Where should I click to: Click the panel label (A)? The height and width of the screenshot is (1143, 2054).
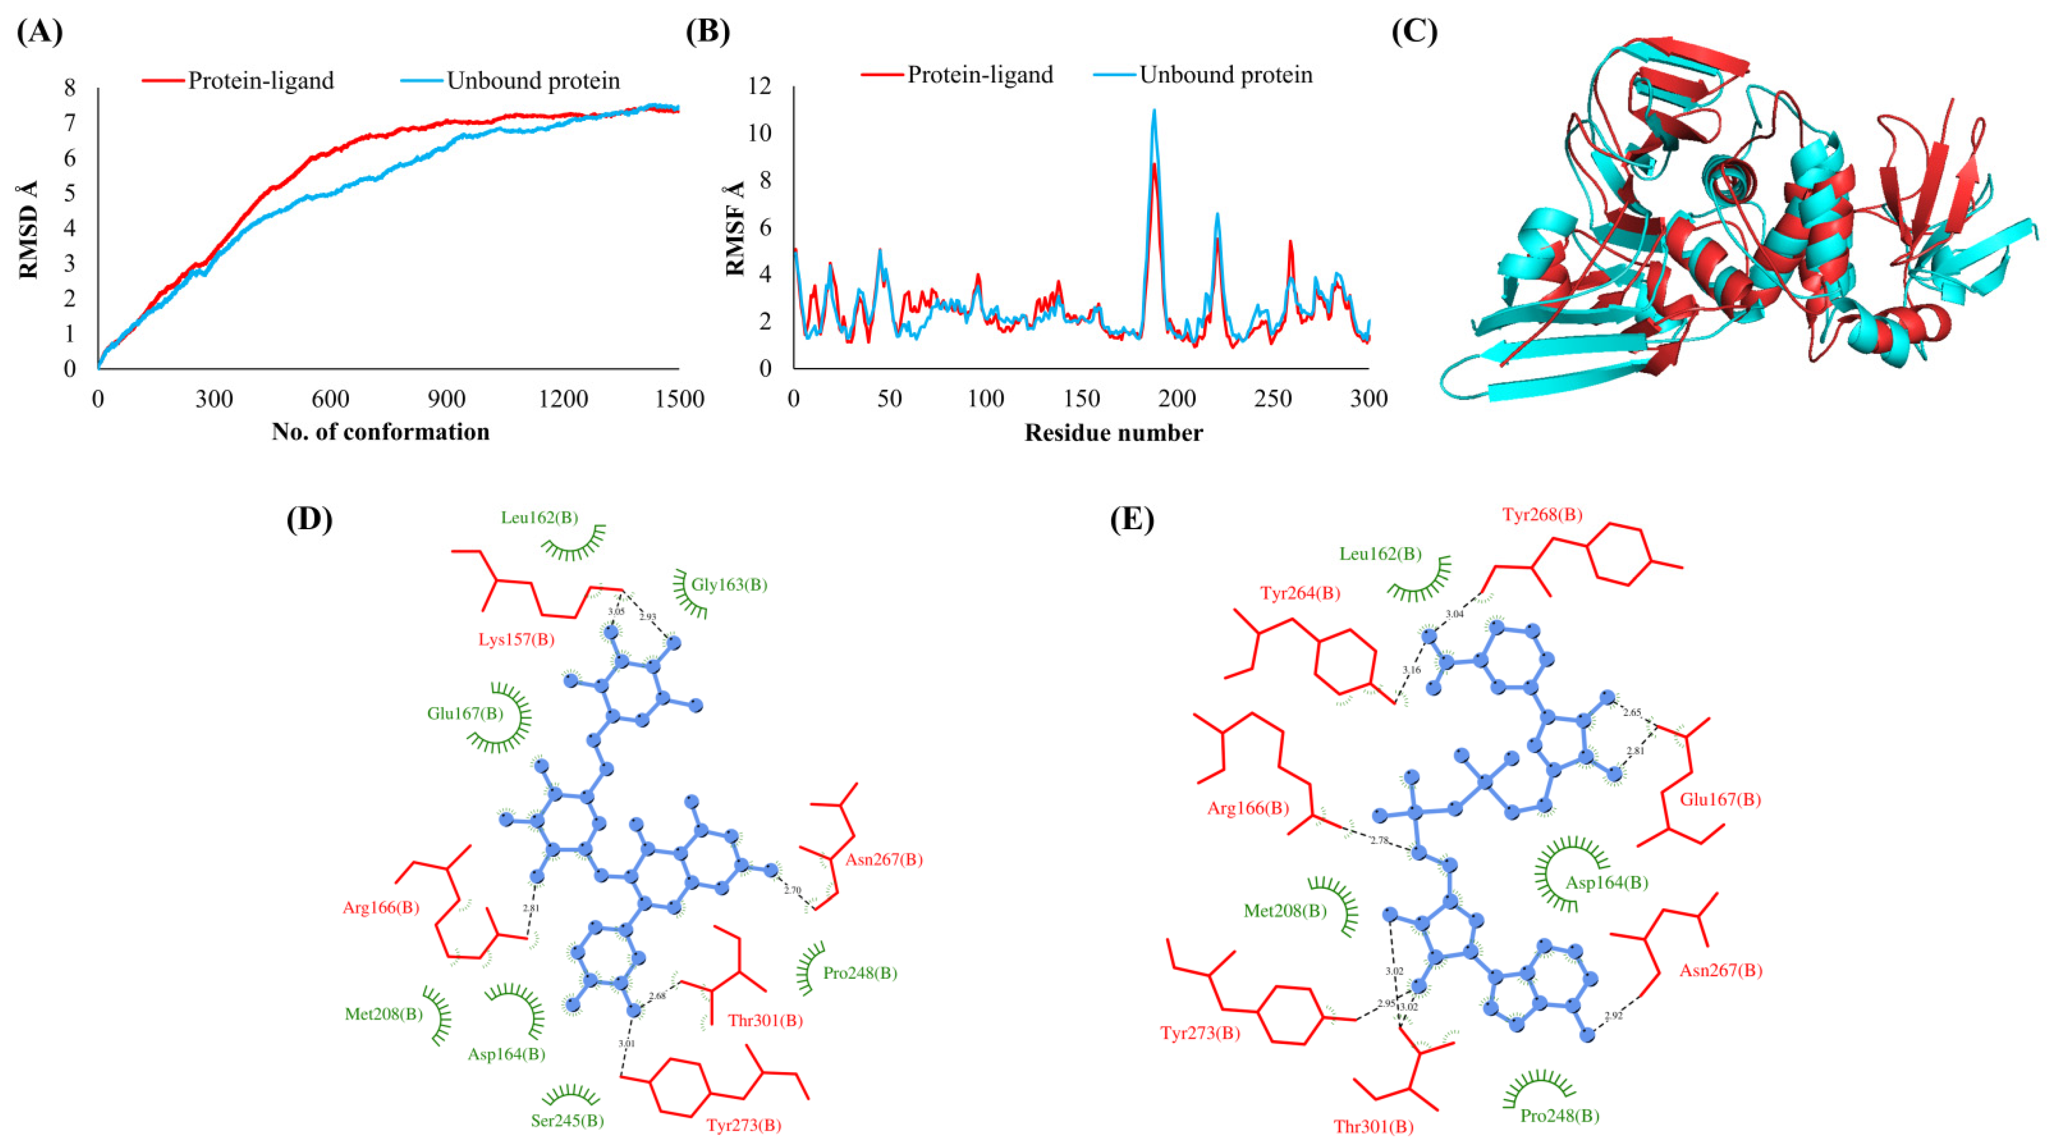click(40, 33)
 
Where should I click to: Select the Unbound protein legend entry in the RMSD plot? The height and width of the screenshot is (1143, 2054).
click(533, 81)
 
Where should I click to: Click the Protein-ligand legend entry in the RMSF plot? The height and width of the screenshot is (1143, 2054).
click(979, 75)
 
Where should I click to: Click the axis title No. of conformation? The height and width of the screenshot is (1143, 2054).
click(380, 432)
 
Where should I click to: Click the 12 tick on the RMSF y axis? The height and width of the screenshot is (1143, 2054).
click(762, 86)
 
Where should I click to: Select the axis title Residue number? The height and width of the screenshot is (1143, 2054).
click(1113, 433)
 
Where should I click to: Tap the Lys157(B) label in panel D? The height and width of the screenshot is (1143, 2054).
click(516, 640)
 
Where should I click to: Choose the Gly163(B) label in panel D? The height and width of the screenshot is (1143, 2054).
click(729, 585)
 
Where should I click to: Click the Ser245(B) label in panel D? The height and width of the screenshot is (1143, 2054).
click(567, 1120)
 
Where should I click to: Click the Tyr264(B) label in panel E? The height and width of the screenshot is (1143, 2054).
click(1300, 594)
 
